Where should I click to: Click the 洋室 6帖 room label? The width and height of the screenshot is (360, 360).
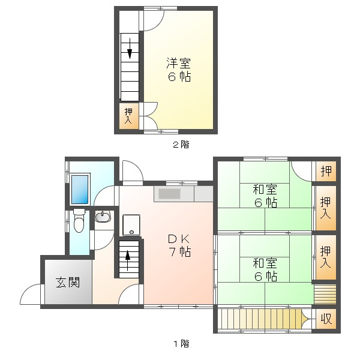(x=179, y=70)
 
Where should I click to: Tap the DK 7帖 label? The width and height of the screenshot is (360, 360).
(x=179, y=245)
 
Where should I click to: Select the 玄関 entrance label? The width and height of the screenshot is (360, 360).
(x=68, y=283)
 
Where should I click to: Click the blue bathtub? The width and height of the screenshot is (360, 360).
(x=80, y=190)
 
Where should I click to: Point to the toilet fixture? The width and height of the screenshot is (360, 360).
(x=79, y=220)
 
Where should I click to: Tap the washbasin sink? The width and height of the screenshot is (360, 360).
(x=103, y=217)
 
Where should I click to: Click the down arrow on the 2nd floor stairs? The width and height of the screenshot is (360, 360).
(x=130, y=49)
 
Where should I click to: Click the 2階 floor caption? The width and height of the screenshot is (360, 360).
(x=181, y=145)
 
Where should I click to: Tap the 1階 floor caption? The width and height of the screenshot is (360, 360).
(x=181, y=344)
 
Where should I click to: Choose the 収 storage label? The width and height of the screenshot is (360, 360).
(x=326, y=319)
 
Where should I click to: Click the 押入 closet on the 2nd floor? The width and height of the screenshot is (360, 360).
(x=128, y=116)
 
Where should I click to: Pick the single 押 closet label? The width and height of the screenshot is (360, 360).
(x=326, y=171)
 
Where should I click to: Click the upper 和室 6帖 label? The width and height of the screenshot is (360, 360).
(x=265, y=196)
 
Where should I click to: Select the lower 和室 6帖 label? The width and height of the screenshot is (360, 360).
(x=265, y=269)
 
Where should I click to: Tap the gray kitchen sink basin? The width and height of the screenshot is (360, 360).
(x=169, y=194)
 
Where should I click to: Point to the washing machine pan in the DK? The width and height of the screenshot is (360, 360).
(x=131, y=225)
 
